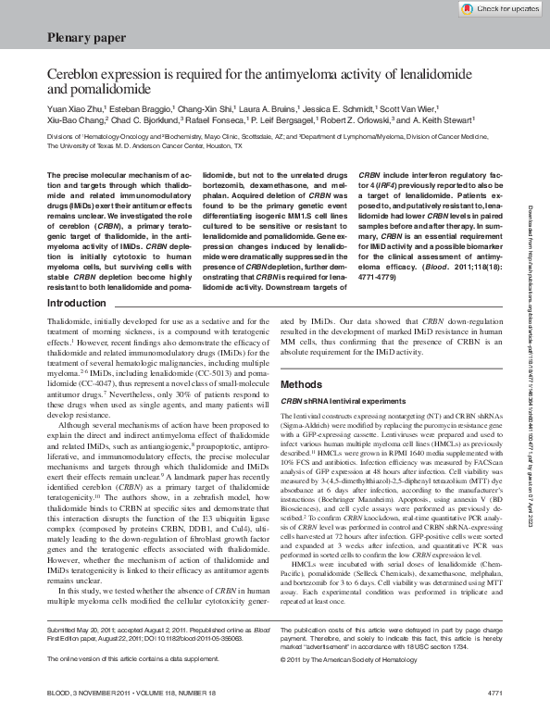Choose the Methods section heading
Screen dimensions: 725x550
[301, 382]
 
